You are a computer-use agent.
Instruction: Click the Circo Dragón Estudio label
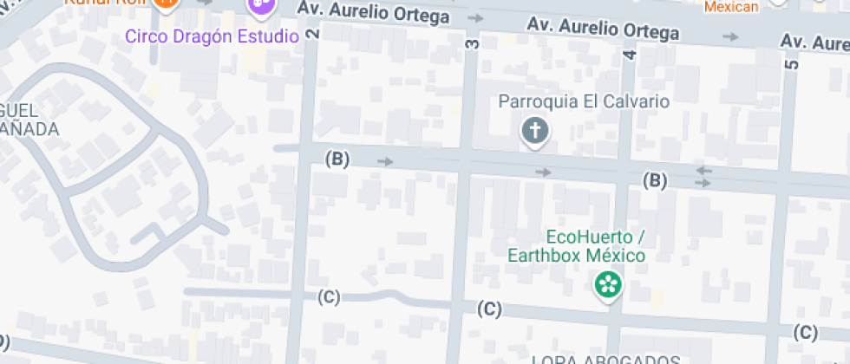(212, 36)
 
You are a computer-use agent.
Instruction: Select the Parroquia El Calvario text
(584, 101)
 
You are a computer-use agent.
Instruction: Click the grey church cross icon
(535, 132)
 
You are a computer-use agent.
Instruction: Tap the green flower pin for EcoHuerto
(608, 284)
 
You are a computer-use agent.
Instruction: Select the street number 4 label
(630, 54)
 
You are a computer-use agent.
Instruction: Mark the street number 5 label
(790, 63)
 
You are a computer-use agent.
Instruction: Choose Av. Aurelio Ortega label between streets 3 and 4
(604, 29)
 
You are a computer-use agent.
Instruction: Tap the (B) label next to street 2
(337, 159)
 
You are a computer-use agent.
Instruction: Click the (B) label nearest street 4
(655, 180)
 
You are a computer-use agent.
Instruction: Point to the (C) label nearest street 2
(329, 297)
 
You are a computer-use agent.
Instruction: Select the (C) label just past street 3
(490, 309)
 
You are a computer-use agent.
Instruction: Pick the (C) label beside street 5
(806, 332)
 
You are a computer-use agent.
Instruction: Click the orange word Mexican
(731, 7)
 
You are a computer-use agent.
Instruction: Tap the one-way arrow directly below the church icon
(543, 172)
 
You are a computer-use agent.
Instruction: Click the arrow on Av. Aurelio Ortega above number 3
(475, 17)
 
